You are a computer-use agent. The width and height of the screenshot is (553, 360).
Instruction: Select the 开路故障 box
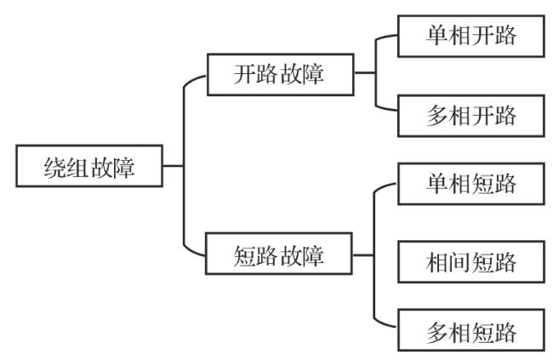coord(279,74)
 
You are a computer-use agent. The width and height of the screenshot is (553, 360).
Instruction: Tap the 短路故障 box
coord(279,254)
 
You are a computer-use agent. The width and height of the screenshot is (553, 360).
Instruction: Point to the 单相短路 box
coord(470,184)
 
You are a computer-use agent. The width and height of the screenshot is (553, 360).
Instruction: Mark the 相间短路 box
coord(470,261)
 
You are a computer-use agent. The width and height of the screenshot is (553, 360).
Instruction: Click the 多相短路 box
coord(470,331)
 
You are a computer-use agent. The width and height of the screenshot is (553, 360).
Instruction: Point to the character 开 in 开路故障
coord(246,74)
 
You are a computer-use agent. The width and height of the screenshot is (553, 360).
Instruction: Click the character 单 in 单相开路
coord(437,37)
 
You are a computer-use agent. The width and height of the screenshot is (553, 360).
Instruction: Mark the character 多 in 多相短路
coord(437,331)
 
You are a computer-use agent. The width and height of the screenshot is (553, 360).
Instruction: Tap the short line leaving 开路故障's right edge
coord(363,73)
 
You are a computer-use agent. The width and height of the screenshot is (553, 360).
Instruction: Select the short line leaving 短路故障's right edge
coord(363,254)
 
